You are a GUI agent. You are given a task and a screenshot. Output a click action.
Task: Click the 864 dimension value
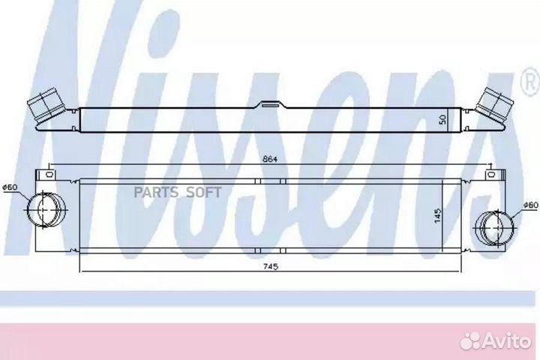pos(270,159)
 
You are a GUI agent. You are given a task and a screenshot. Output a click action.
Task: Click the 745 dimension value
pos(270,266)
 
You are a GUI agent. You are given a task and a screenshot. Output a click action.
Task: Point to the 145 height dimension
pos(438,215)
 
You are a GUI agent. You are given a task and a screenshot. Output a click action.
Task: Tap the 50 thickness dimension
pos(443,119)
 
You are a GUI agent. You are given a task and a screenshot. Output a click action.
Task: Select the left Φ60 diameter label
pos(10,187)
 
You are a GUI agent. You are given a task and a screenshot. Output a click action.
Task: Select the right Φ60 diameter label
pos(530,205)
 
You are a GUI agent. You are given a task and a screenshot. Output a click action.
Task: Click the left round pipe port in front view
pos(46,209)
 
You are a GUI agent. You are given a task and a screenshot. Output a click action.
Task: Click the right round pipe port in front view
pos(494,228)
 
